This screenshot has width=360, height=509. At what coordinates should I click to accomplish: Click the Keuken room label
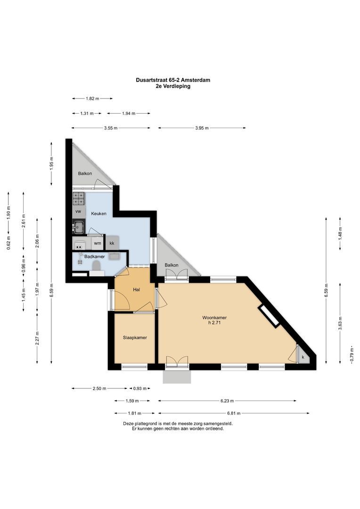coord(98,213)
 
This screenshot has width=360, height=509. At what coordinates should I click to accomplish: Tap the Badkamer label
coord(94,256)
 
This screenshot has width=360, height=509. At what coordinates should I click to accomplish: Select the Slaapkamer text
coord(135,338)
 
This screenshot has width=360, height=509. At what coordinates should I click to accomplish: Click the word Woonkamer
coord(214,318)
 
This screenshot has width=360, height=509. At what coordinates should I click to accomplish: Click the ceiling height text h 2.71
coord(214,323)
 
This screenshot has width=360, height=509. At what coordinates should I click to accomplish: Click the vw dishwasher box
coord(78,212)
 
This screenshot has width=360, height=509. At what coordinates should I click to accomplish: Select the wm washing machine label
coord(98,243)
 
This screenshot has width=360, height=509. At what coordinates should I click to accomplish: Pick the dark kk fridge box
coord(112,243)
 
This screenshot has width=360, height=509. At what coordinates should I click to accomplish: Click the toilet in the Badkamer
coord(97,268)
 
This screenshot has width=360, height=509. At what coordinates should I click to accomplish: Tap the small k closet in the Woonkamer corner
coord(303,358)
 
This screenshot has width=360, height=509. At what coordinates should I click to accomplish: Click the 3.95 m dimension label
coord(202,128)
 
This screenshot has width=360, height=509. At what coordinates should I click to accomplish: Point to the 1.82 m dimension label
coord(92,99)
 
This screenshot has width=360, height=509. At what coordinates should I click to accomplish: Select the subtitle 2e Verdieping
coord(172,86)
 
